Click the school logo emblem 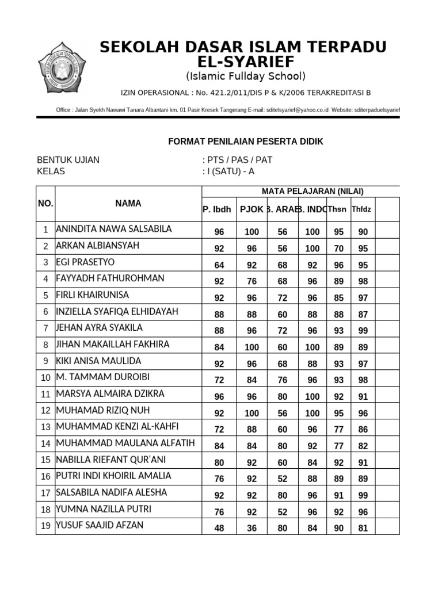[x=63, y=69]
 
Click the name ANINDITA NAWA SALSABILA [x=113, y=229]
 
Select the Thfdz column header [x=361, y=209]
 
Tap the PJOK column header [x=251, y=209]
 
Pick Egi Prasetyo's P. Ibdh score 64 [x=219, y=265]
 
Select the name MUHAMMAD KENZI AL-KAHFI [x=117, y=427]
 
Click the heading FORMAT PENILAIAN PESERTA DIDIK [x=245, y=141]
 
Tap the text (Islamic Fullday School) [x=245, y=77]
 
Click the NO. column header [x=45, y=204]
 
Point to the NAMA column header [x=128, y=204]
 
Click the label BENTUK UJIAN [x=68, y=160]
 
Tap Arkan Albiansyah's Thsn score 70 [x=338, y=249]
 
